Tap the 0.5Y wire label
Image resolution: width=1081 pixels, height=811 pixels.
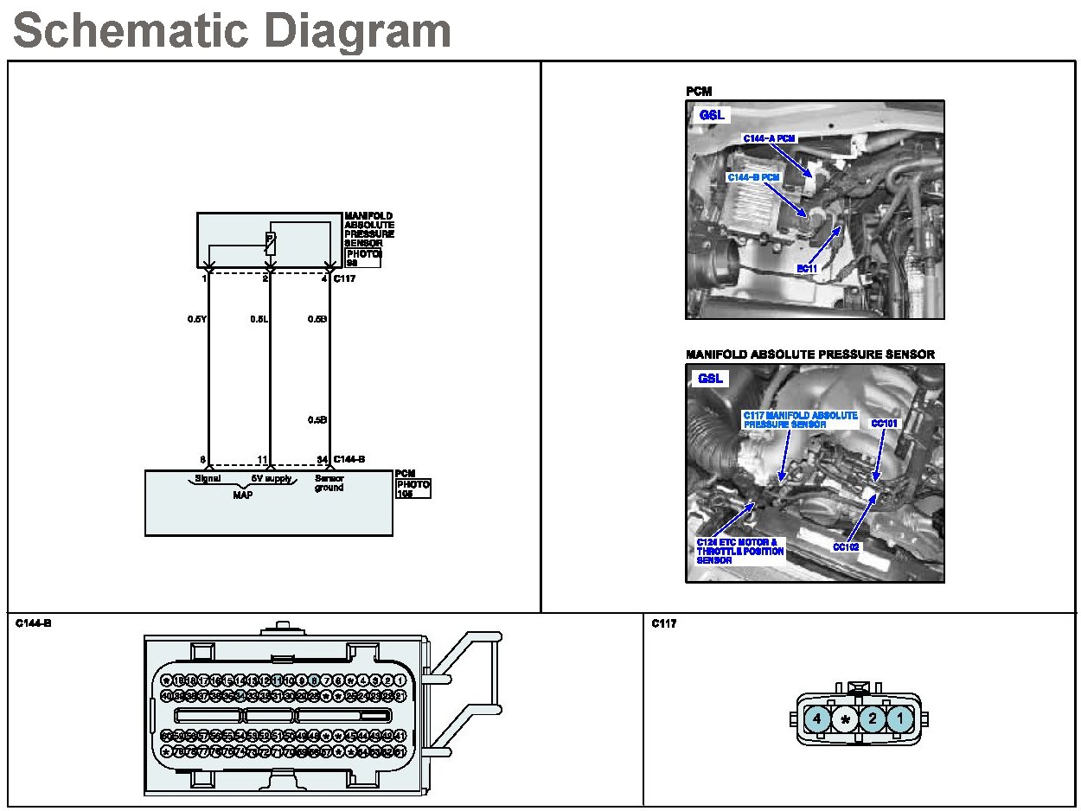point(196,319)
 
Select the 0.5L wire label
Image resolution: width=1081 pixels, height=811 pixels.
point(259,319)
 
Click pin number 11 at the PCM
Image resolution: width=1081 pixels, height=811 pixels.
point(263,459)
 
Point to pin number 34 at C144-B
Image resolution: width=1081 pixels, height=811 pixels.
point(322,459)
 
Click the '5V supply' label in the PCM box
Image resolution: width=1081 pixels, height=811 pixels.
point(272,478)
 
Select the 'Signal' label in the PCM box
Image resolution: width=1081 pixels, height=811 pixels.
point(208,478)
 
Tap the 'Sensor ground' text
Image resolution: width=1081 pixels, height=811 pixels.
point(329,482)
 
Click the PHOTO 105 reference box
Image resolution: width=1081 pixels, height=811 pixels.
point(413,489)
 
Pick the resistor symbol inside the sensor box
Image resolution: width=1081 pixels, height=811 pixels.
point(270,242)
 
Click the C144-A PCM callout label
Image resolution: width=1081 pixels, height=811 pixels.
point(769,138)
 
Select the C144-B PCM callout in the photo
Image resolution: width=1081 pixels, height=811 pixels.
point(753,177)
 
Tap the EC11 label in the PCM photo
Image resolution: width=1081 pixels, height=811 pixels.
point(807,269)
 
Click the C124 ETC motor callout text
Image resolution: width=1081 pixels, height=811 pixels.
point(740,552)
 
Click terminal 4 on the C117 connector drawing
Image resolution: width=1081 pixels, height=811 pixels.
point(817,718)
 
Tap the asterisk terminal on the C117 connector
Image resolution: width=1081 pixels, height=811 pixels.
point(845,718)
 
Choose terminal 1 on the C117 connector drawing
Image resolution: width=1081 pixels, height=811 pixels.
point(900,718)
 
